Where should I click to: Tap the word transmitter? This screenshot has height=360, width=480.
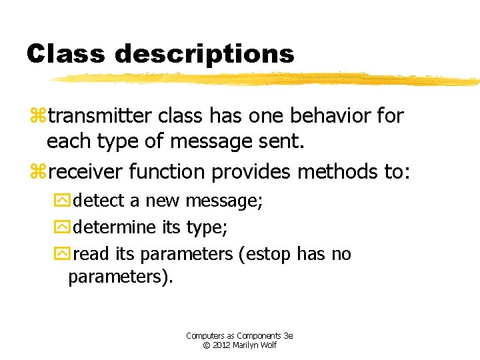point(100,116)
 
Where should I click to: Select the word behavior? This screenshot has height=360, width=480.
point(335,116)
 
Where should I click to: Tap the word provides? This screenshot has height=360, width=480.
point(251,172)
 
